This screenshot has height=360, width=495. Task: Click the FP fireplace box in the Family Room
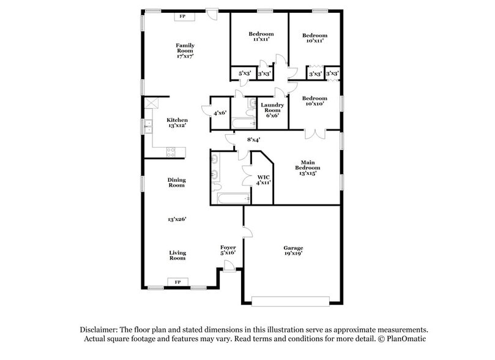[x=183, y=17]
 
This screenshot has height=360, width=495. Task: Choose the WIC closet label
[x=263, y=180]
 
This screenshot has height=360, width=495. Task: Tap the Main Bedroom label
[x=307, y=167]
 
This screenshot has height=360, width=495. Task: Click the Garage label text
[x=293, y=250]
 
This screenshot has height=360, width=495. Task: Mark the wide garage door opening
[x=291, y=301]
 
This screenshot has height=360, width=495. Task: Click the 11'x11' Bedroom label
[x=261, y=36]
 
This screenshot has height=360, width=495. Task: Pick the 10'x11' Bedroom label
[x=314, y=38]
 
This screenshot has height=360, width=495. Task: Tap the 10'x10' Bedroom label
[x=314, y=102]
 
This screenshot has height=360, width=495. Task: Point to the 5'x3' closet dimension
[x=244, y=73]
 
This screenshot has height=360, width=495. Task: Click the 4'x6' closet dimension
[x=220, y=113]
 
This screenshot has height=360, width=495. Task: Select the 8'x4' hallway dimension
[x=253, y=140]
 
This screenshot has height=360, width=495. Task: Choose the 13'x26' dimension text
[x=177, y=219]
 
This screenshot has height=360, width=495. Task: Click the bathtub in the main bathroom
[x=232, y=198]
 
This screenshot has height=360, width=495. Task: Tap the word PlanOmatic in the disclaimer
[x=403, y=339]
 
